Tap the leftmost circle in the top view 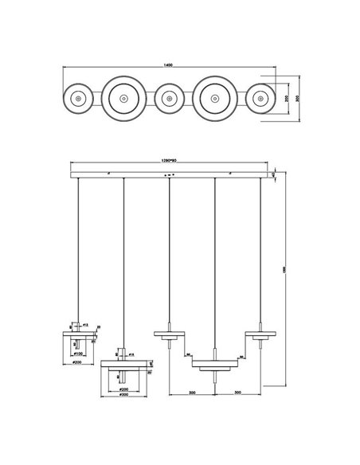point(77,99)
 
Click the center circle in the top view point(168,99)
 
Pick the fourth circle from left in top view point(214,99)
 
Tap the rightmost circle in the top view point(260,99)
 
